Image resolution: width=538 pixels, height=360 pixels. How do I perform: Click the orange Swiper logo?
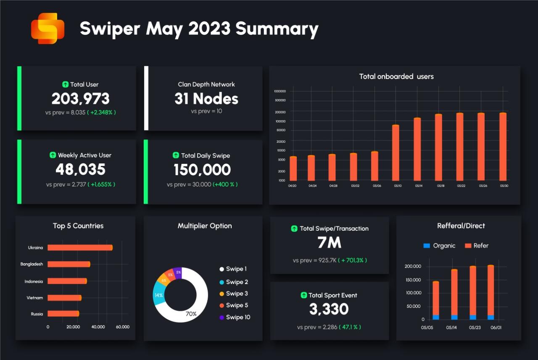47,28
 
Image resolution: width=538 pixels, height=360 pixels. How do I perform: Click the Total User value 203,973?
81,99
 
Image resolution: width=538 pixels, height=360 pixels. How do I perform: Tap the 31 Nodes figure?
206,99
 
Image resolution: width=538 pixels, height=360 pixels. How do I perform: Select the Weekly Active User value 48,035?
81,169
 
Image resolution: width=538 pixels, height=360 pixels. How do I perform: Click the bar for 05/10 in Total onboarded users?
396,153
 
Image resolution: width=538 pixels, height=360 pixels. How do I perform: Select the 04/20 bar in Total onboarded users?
293,168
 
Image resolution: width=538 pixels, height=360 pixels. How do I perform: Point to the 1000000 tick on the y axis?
280,91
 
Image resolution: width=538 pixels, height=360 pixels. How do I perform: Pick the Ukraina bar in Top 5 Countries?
80,247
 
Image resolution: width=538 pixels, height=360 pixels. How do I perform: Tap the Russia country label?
37,314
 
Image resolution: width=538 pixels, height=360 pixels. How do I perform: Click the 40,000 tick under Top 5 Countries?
98,327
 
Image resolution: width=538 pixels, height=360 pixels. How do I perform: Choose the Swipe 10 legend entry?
235,317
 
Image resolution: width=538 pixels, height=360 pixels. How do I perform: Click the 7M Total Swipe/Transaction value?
330,243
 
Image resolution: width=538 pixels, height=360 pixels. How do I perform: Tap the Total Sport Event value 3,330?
329,309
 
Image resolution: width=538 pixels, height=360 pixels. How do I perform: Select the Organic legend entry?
439,246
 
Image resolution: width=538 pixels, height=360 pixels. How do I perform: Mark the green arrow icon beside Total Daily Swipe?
176,155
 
